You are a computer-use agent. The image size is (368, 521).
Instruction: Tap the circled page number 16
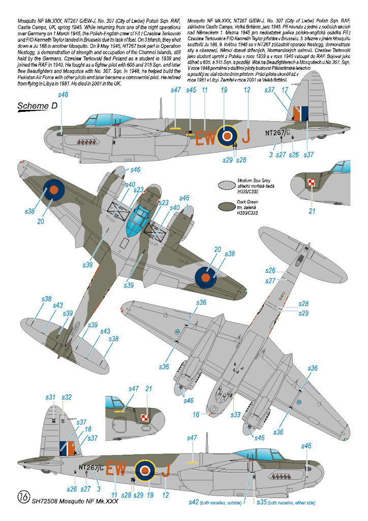click(22, 496)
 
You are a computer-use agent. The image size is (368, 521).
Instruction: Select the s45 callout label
click(191, 90)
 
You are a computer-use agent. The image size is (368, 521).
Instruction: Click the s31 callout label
click(50, 397)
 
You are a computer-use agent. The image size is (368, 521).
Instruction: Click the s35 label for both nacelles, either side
click(262, 503)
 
